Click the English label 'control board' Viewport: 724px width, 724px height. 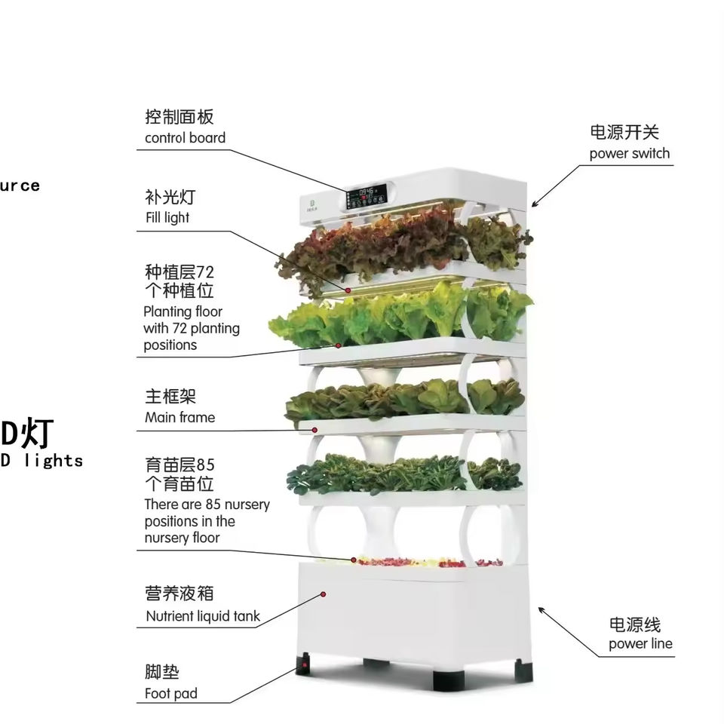(185, 138)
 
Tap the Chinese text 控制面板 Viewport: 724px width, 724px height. (179, 117)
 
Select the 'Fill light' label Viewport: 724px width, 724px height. (167, 218)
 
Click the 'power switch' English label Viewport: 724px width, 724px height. (629, 154)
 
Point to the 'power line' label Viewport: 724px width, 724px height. (640, 644)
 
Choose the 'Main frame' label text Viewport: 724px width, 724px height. (179, 417)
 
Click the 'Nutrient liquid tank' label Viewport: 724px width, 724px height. (202, 616)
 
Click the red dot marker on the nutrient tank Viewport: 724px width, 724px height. (325, 595)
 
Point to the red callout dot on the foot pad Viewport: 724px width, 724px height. (304, 666)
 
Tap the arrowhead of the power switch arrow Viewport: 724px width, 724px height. (534, 204)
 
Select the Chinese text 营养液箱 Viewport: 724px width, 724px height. (179, 594)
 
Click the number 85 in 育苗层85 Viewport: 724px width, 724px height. (205, 465)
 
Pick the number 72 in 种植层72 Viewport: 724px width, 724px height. (204, 271)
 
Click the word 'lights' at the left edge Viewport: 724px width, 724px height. (53, 460)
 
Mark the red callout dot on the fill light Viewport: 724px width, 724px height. (349, 290)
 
